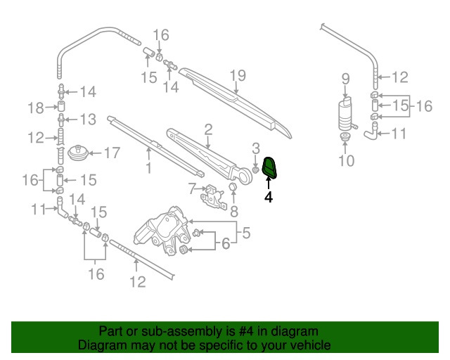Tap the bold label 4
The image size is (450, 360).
[x=268, y=198]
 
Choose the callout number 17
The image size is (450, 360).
[x=112, y=152]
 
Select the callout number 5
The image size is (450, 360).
[x=246, y=232]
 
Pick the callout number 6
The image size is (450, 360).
[x=225, y=244]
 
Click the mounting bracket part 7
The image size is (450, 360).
[x=212, y=196]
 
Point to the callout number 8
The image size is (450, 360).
[x=234, y=210]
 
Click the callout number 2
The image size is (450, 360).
[x=208, y=129]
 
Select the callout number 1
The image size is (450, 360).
[x=148, y=168]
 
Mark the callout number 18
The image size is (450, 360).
[x=36, y=108]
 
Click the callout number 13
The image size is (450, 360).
[x=88, y=119]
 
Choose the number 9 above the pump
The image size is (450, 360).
[x=345, y=78]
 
